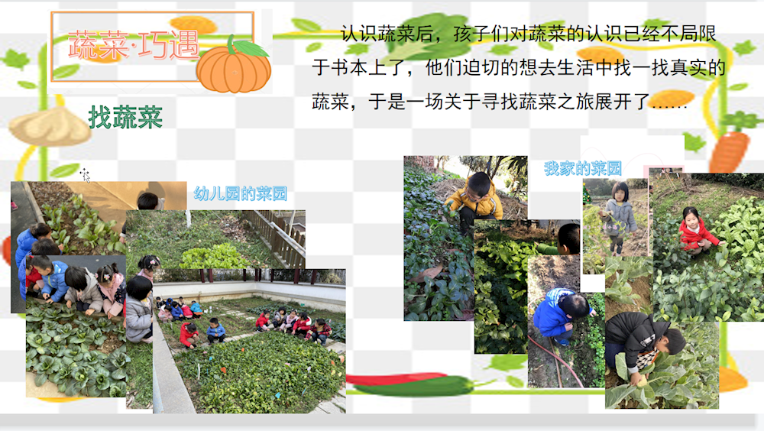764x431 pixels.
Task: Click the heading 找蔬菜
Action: (125, 117)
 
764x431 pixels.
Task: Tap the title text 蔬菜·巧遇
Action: (134, 45)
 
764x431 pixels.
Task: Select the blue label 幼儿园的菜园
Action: (240, 193)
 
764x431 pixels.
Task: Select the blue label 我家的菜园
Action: (583, 169)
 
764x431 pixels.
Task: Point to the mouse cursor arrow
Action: (86, 175)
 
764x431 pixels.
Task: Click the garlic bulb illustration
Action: (49, 127)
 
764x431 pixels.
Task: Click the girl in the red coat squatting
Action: (696, 231)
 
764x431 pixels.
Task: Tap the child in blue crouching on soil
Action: (563, 316)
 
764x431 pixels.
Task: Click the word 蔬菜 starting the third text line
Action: (330, 102)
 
